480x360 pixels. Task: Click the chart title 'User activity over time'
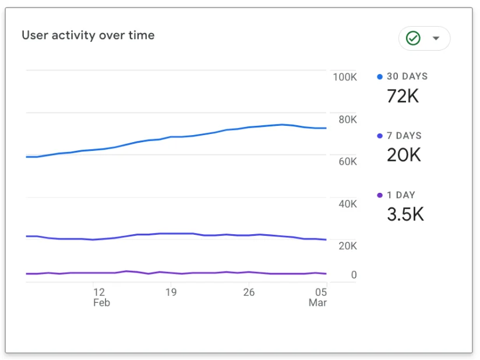click(x=88, y=35)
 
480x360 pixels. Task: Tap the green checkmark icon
click(x=413, y=38)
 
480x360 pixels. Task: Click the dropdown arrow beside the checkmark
click(x=436, y=38)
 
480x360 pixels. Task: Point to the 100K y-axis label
click(x=345, y=77)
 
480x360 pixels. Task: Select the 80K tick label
click(x=347, y=119)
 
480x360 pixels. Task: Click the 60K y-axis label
click(x=347, y=161)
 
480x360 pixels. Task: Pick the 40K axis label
click(x=347, y=204)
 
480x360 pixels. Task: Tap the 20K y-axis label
click(x=347, y=246)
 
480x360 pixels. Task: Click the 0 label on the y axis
click(x=354, y=274)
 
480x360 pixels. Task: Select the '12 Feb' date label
click(x=101, y=297)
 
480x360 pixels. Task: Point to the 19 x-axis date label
click(x=171, y=292)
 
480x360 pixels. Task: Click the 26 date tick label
click(x=249, y=292)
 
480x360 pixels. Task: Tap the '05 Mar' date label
click(x=317, y=297)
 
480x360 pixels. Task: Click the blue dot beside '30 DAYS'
click(x=380, y=76)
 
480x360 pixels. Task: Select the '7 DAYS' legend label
click(x=404, y=136)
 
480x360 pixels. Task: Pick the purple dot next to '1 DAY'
click(x=380, y=195)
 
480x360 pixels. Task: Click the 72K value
click(x=403, y=96)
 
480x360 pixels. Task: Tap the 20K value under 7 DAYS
click(x=404, y=155)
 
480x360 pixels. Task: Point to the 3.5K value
click(x=405, y=214)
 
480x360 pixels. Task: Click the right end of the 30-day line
click(x=326, y=128)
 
